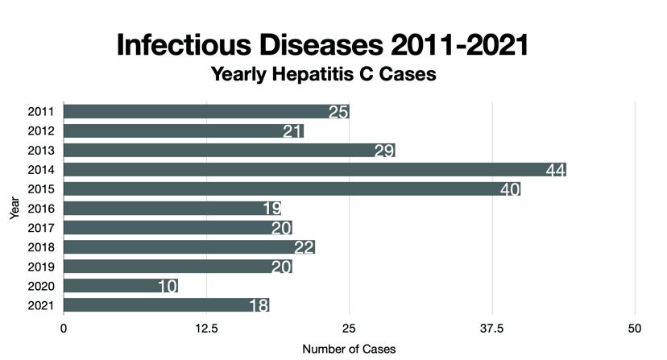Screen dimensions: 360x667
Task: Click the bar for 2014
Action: pyautogui.click(x=314, y=169)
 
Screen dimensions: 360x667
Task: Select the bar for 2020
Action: pyautogui.click(x=120, y=286)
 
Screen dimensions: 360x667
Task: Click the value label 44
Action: pyautogui.click(x=555, y=169)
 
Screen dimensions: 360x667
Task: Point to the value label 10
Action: pyautogui.click(x=168, y=286)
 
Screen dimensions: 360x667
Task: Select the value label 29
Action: pyautogui.click(x=384, y=150)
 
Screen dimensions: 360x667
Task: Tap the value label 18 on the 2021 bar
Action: pyautogui.click(x=259, y=305)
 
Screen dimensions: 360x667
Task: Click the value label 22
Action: pyautogui.click(x=304, y=247)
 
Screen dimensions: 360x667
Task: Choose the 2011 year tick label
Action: pyautogui.click(x=40, y=111)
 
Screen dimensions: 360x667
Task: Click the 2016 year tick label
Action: pyautogui.click(x=40, y=209)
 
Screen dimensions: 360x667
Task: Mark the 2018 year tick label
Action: pyautogui.click(x=40, y=247)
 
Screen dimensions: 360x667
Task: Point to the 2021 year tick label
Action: pyautogui.click(x=40, y=305)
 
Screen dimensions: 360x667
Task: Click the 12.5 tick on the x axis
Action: pyautogui.click(x=206, y=329)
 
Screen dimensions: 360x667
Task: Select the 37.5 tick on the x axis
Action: pyautogui.click(x=492, y=329)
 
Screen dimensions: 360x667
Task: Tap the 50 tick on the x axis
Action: pyautogui.click(x=635, y=329)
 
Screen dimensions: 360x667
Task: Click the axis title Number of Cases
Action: pyautogui.click(x=349, y=350)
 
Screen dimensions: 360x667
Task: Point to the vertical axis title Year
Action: pyautogui.click(x=14, y=209)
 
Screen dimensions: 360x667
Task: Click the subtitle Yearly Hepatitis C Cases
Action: pyautogui.click(x=323, y=75)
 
